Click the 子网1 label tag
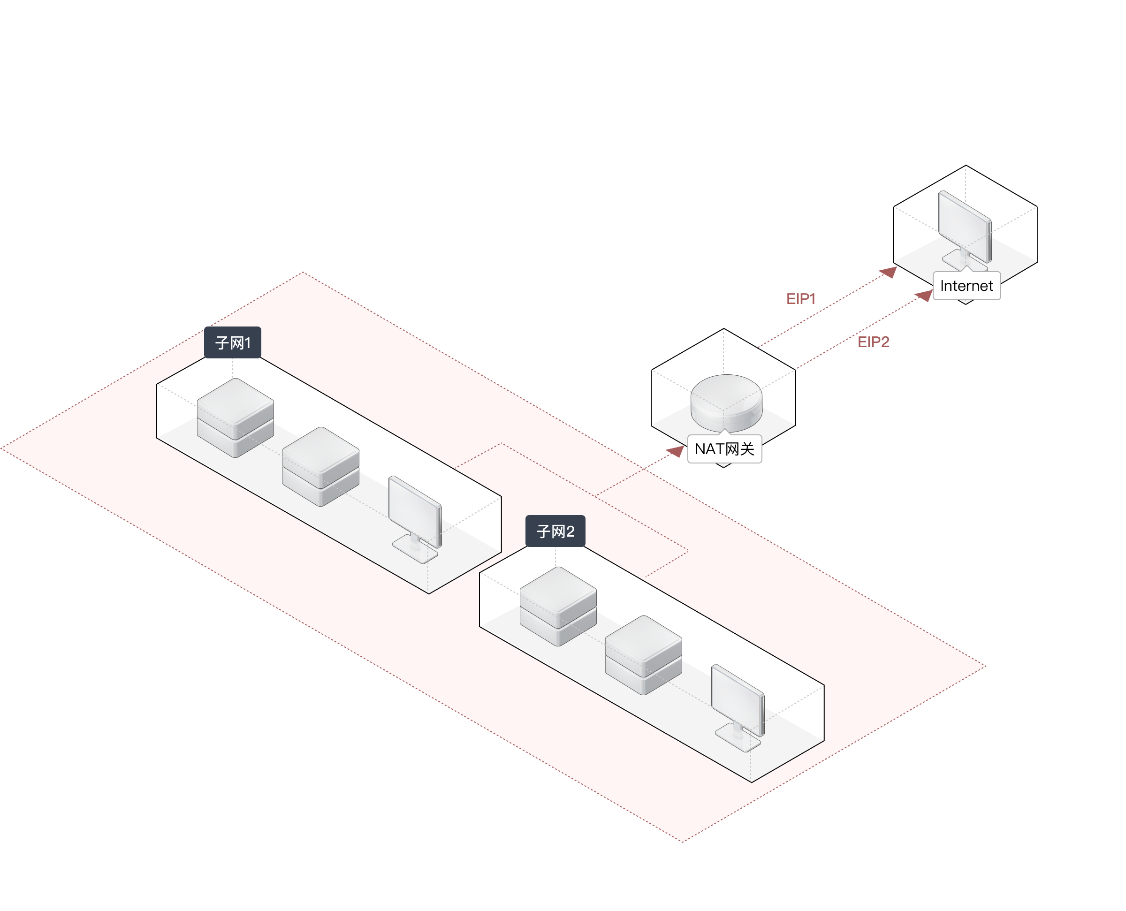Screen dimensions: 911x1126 coord(232,342)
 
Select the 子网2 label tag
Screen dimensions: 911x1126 coord(555,531)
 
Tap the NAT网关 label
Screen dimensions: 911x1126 coord(724,448)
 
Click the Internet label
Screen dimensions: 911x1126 coord(966,286)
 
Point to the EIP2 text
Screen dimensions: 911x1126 coord(873,342)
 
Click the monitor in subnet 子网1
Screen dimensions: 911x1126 coord(415,512)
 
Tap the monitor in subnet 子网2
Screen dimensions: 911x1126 coord(737,700)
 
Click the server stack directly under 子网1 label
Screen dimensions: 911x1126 coord(235,417)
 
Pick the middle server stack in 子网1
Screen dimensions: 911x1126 coord(320,466)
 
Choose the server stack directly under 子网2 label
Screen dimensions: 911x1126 coord(558,606)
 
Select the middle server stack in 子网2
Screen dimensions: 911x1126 coord(643,654)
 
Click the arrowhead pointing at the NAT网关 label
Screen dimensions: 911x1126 coord(677,452)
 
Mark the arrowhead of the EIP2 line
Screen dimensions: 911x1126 coord(925,296)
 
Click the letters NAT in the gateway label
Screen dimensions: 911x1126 coord(709,448)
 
